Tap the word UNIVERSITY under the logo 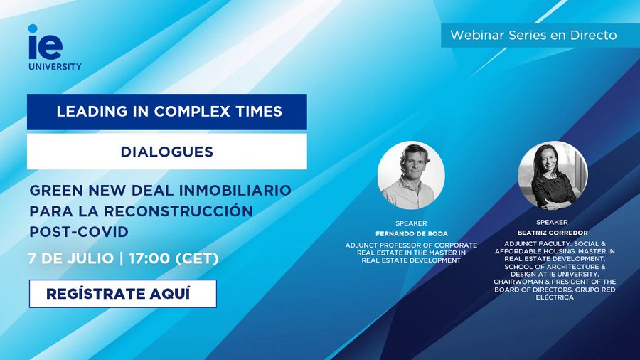pyautogui.click(x=55, y=67)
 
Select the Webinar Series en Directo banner pyautogui.click(x=533, y=35)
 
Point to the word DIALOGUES pyautogui.click(x=167, y=152)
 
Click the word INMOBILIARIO pyautogui.click(x=235, y=190)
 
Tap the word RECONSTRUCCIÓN pyautogui.click(x=178, y=211)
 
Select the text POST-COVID pyautogui.click(x=79, y=232)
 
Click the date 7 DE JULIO pyautogui.click(x=70, y=258)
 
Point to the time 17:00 pyautogui.click(x=149, y=258)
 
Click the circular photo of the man pyautogui.click(x=411, y=175)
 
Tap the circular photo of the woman pyautogui.click(x=553, y=175)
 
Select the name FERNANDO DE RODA pyautogui.click(x=412, y=234)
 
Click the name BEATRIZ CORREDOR pyautogui.click(x=553, y=233)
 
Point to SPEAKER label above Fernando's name pyautogui.click(x=411, y=223)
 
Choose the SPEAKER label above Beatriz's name pyautogui.click(x=553, y=223)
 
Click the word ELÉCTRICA pyautogui.click(x=555, y=297)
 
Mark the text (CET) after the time pyautogui.click(x=197, y=258)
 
